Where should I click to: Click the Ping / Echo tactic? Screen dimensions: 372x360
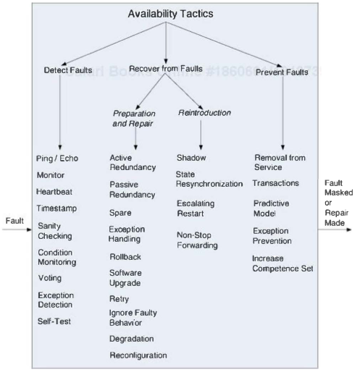[57, 158]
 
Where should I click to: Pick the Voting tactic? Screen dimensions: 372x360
[50, 277]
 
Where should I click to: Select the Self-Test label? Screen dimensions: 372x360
[54, 320]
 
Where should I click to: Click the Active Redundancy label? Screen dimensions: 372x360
[133, 163]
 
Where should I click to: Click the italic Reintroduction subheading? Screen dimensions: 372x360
[204, 112]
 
